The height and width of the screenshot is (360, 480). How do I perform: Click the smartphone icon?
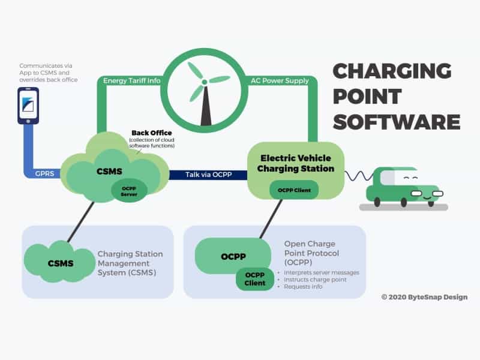[x=28, y=106]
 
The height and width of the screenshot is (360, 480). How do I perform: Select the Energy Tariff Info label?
[x=132, y=80]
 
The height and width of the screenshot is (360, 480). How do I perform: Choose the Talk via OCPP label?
[x=207, y=175]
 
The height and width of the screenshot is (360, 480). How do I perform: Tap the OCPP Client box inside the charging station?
[x=294, y=190]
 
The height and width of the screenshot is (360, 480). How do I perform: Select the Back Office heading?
[x=152, y=133]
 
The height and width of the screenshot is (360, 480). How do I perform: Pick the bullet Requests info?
[x=307, y=287]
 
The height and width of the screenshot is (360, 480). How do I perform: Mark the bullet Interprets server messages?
[x=321, y=272]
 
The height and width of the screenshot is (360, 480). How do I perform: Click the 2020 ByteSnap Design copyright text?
[x=424, y=297]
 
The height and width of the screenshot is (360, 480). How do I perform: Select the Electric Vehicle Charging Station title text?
[x=295, y=163]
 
